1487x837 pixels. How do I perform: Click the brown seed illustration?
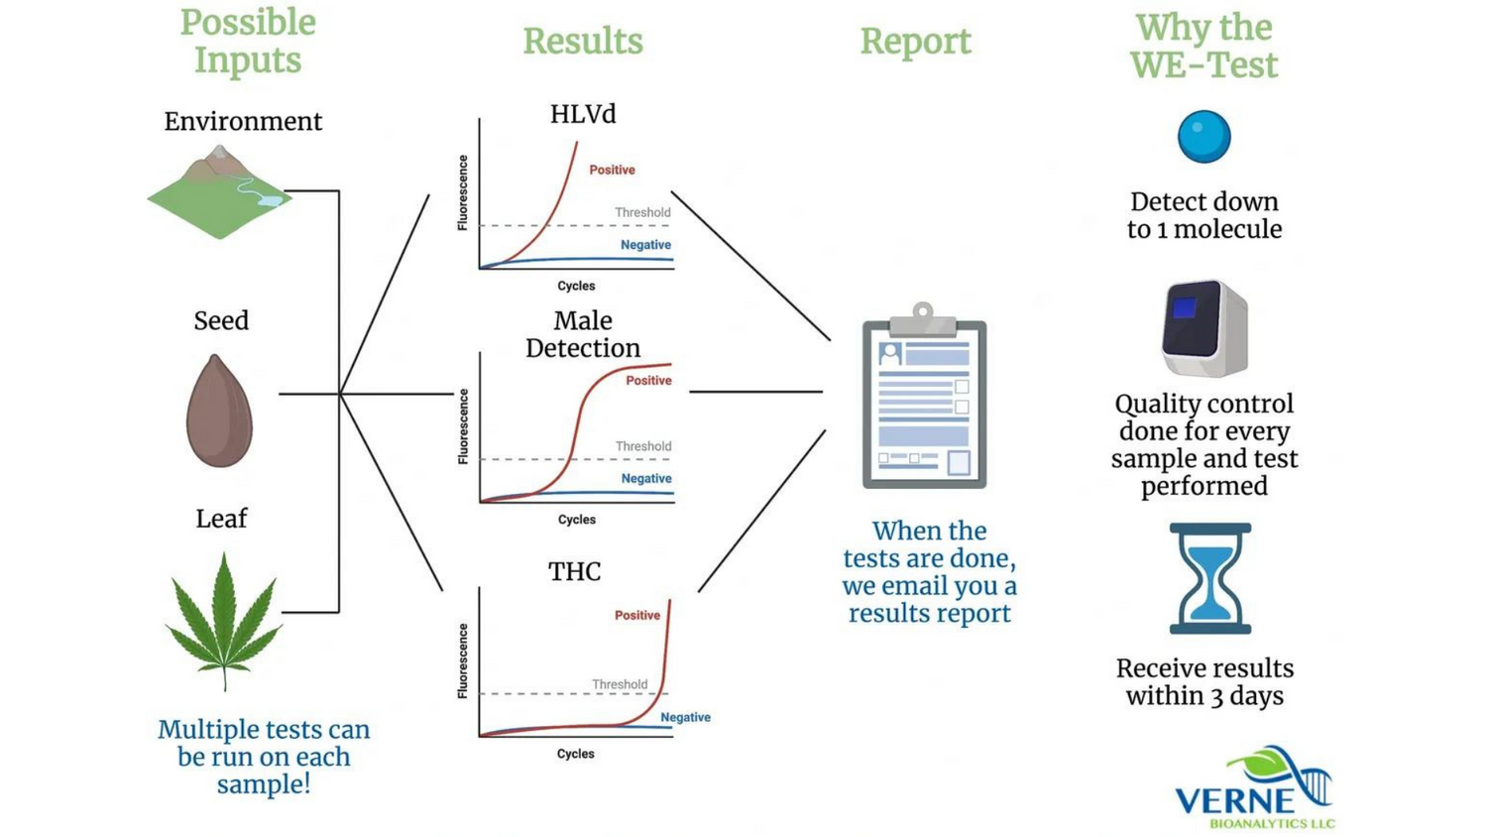pyautogui.click(x=220, y=411)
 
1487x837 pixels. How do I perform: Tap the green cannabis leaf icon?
pyautogui.click(x=224, y=621)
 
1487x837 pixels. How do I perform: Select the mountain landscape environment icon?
pyautogui.click(x=219, y=192)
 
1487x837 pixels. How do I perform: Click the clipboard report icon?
pyautogui.click(x=924, y=396)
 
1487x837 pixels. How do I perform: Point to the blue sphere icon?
pyautogui.click(x=1204, y=137)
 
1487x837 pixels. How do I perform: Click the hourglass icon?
pyautogui.click(x=1210, y=578)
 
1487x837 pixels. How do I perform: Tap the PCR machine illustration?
pyautogui.click(x=1204, y=328)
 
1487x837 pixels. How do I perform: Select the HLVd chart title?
pyautogui.click(x=583, y=114)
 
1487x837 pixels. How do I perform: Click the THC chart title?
pyautogui.click(x=574, y=572)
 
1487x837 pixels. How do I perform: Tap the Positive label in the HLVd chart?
pyautogui.click(x=612, y=170)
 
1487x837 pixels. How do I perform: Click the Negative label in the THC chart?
pyautogui.click(x=686, y=717)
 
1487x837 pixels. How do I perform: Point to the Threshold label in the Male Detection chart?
pyautogui.click(x=643, y=446)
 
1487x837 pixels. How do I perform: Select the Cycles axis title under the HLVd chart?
pyautogui.click(x=576, y=286)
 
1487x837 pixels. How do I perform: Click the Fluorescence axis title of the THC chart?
pyautogui.click(x=463, y=660)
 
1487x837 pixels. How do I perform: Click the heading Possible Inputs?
pyautogui.click(x=248, y=42)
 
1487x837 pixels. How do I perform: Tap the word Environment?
pyautogui.click(x=243, y=122)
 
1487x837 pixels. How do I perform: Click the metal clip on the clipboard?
pyautogui.click(x=923, y=320)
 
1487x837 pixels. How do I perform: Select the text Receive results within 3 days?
pyautogui.click(x=1204, y=682)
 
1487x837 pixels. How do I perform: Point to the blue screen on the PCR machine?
pyautogui.click(x=1185, y=307)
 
